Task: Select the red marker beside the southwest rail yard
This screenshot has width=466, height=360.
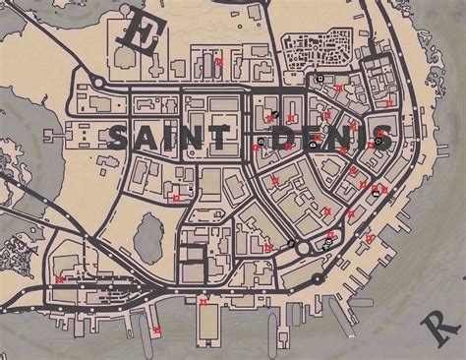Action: (61, 279)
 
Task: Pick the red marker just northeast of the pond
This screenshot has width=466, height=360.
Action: (177, 197)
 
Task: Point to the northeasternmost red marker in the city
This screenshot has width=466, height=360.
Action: (390, 102)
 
